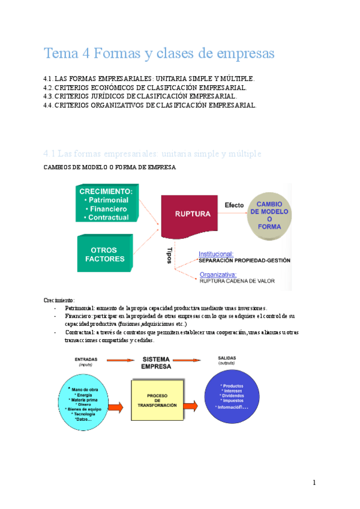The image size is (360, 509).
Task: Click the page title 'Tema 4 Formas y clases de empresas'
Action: [159, 53]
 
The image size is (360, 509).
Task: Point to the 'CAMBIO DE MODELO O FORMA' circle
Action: [269, 215]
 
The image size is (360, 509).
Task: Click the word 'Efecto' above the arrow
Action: [234, 205]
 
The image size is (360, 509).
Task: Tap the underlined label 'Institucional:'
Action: [217, 254]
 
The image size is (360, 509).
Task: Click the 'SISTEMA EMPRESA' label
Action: [156, 362]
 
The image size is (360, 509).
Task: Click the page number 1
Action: [313, 483]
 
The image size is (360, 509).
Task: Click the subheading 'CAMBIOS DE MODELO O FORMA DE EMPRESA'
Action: [110, 167]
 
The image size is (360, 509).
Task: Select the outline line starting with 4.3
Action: [140, 96]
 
